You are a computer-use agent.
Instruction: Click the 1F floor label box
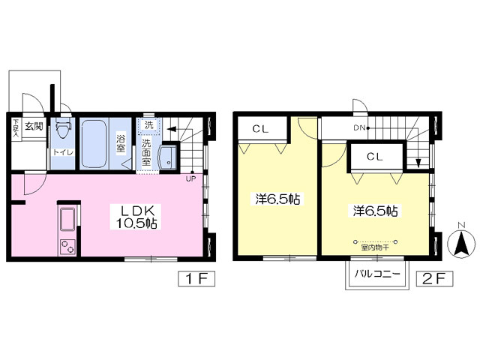196,278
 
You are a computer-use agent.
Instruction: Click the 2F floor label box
434,278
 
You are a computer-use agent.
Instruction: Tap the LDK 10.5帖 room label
136,217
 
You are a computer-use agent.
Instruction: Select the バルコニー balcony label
377,273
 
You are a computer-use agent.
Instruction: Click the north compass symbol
461,241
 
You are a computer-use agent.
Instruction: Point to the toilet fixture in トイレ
64,128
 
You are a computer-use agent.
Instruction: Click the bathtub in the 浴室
94,143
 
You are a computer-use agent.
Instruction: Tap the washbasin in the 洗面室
168,157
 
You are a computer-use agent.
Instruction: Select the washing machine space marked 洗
148,125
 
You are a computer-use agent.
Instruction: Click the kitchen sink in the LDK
67,219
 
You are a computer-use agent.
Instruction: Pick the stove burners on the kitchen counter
67,246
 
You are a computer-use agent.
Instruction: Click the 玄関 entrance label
34,126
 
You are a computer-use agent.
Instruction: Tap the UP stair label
190,178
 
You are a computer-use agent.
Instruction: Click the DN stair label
360,128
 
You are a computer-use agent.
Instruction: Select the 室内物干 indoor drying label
375,247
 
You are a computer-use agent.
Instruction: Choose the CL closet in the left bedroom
260,129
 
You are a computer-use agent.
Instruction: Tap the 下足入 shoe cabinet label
16,128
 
